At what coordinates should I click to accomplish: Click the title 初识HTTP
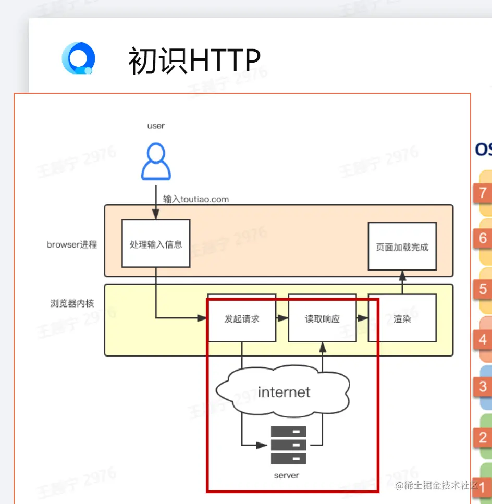194,60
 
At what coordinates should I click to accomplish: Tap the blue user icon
156,162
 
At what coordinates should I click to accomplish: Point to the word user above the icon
156,126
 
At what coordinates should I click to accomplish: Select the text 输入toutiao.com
195,199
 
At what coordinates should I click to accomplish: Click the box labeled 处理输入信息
156,244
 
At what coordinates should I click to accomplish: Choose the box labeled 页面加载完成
402,247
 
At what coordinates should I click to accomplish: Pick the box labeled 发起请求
241,318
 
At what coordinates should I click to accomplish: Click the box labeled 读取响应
322,318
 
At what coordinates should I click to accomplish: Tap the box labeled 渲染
402,318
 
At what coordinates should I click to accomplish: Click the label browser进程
72,244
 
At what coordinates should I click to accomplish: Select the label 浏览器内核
72,303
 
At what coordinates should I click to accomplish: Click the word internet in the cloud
284,392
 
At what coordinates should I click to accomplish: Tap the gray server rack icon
288,445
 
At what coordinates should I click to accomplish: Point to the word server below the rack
287,475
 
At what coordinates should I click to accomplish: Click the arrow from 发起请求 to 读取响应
282,318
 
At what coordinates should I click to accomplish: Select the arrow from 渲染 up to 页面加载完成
402,282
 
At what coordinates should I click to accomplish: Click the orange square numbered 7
483,193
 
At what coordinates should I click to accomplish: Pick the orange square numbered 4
483,339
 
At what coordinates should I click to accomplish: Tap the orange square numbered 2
483,437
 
